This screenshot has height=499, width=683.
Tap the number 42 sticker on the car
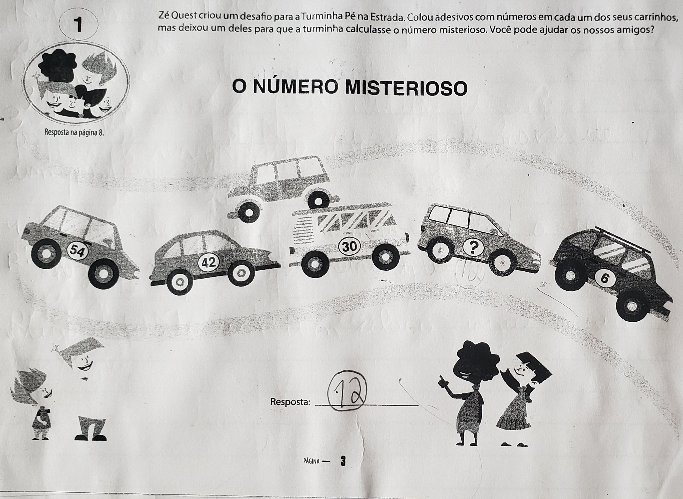[x=209, y=263]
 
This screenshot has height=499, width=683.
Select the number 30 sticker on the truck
[x=350, y=246]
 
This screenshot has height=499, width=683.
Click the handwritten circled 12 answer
[x=347, y=391]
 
